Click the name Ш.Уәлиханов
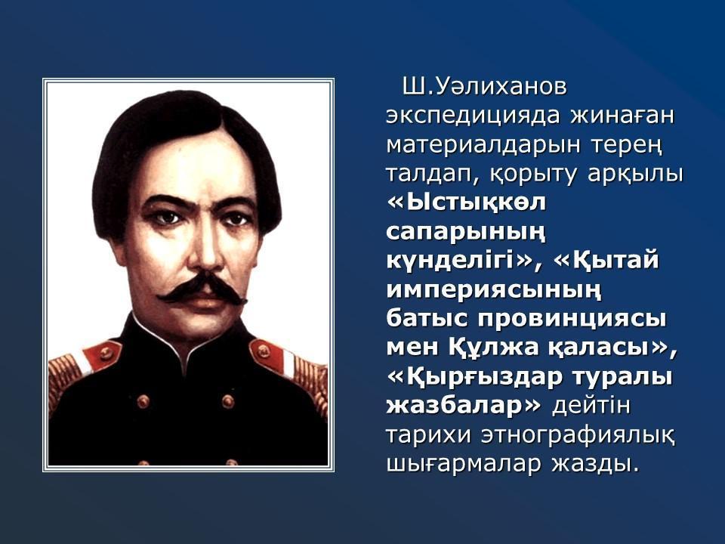[484, 87]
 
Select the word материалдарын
[483, 145]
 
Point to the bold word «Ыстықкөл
[466, 202]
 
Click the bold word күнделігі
[457, 261]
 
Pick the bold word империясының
[494, 291]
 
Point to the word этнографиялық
[578, 436]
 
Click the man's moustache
[202, 288]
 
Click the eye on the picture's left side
[165, 218]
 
